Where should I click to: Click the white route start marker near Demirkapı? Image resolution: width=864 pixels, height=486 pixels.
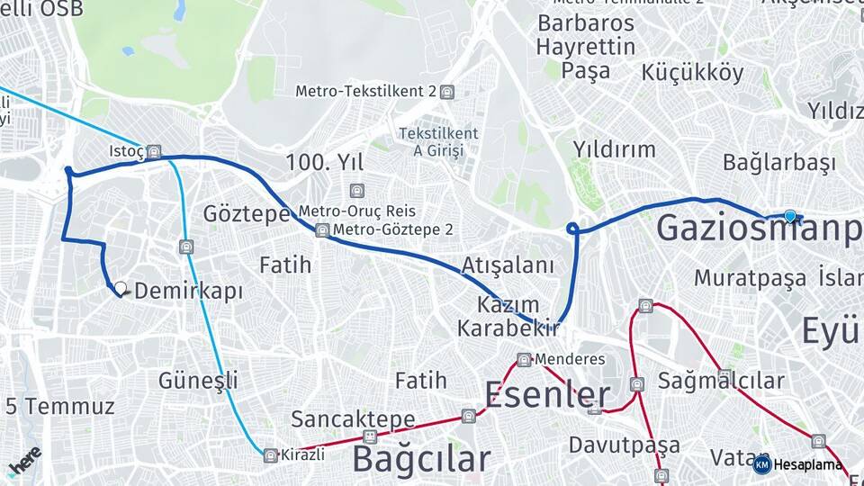click(120, 289)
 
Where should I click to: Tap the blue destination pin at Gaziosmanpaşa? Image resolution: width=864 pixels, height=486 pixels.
click(790, 216)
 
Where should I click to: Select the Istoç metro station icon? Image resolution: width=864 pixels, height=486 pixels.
click(155, 151)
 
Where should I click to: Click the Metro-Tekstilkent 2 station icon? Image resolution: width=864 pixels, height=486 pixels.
click(448, 92)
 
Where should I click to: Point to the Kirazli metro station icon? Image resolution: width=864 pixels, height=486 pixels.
click(269, 455)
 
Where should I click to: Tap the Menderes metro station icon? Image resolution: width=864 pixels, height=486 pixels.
click(524, 360)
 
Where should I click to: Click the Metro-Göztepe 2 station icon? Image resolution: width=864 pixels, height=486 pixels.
click(322, 230)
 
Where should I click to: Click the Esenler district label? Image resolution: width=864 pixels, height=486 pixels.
click(547, 394)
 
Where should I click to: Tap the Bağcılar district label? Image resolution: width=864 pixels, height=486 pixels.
click(421, 458)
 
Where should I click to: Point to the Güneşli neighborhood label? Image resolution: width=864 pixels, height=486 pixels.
click(198, 379)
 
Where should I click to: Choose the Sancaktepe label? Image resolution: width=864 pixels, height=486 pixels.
click(353, 419)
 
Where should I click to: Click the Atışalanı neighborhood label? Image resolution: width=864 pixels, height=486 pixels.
click(508, 265)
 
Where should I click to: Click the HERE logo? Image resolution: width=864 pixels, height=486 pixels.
click(24, 462)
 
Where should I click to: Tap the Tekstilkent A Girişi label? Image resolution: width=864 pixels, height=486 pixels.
click(438, 142)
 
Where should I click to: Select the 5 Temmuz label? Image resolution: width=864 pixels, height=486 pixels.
click(47, 406)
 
